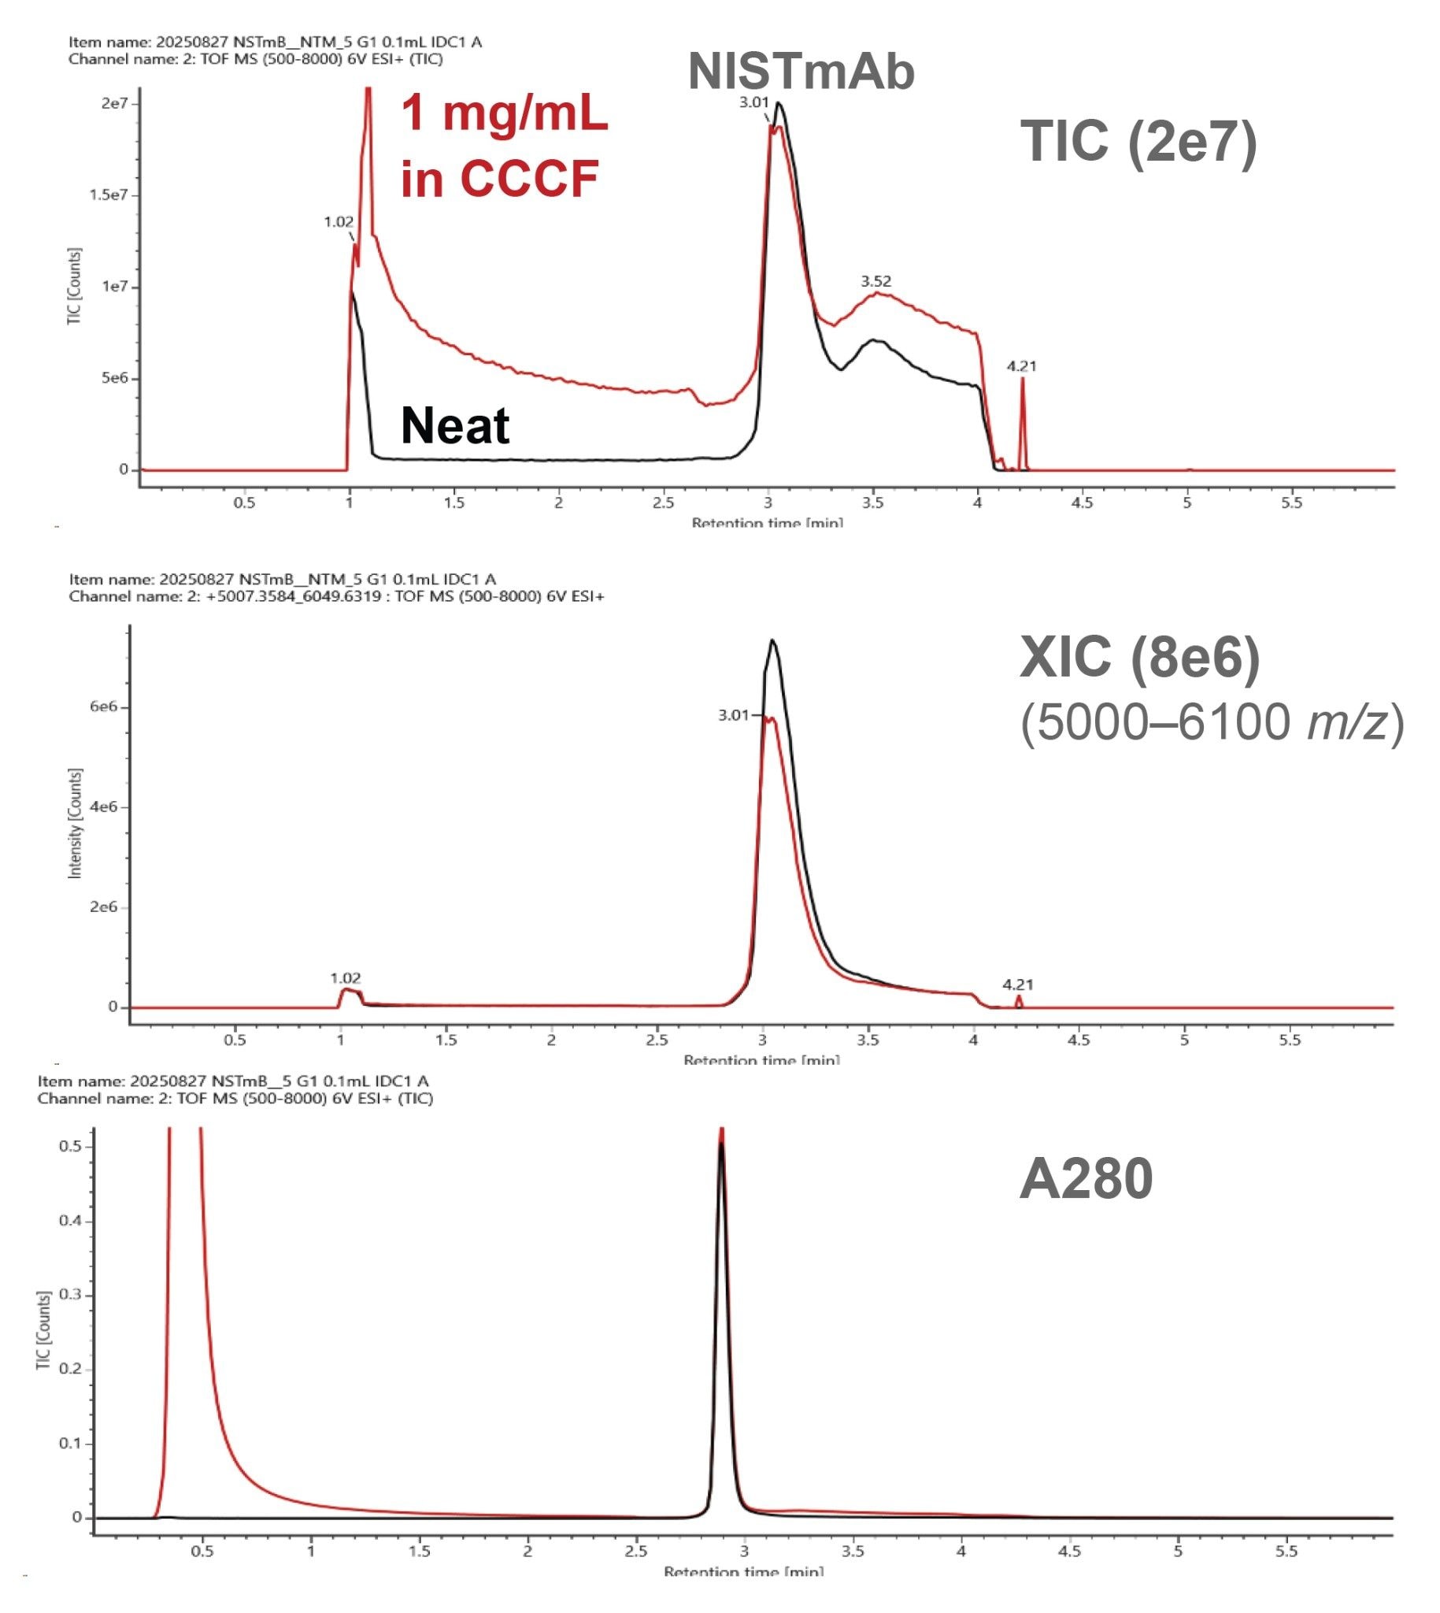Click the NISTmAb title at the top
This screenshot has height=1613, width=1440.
coord(801,71)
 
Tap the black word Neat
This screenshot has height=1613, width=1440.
coord(455,426)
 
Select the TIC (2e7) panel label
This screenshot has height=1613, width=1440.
coord(1138,143)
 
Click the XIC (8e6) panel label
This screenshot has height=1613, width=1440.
coord(1139,657)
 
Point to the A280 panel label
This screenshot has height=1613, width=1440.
coord(1086,1178)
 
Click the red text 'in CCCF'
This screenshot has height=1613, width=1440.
coord(499,178)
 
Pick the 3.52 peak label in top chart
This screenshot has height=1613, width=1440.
coord(875,281)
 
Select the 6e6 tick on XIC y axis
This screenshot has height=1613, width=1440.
coord(103,706)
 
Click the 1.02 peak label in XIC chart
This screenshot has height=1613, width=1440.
coord(345,978)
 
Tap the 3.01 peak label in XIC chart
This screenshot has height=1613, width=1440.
coord(733,714)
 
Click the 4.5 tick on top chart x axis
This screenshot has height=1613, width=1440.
coord(1082,502)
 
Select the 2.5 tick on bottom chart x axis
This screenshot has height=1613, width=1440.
coord(636,1551)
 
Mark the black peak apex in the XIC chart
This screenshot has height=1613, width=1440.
coord(772,640)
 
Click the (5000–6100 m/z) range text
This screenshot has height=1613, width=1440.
coord(1211,721)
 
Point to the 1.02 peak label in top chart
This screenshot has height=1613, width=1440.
coord(339,221)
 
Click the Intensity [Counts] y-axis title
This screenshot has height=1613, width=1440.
coord(75,823)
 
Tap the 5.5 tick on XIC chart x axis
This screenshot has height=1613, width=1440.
coord(1290,1039)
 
